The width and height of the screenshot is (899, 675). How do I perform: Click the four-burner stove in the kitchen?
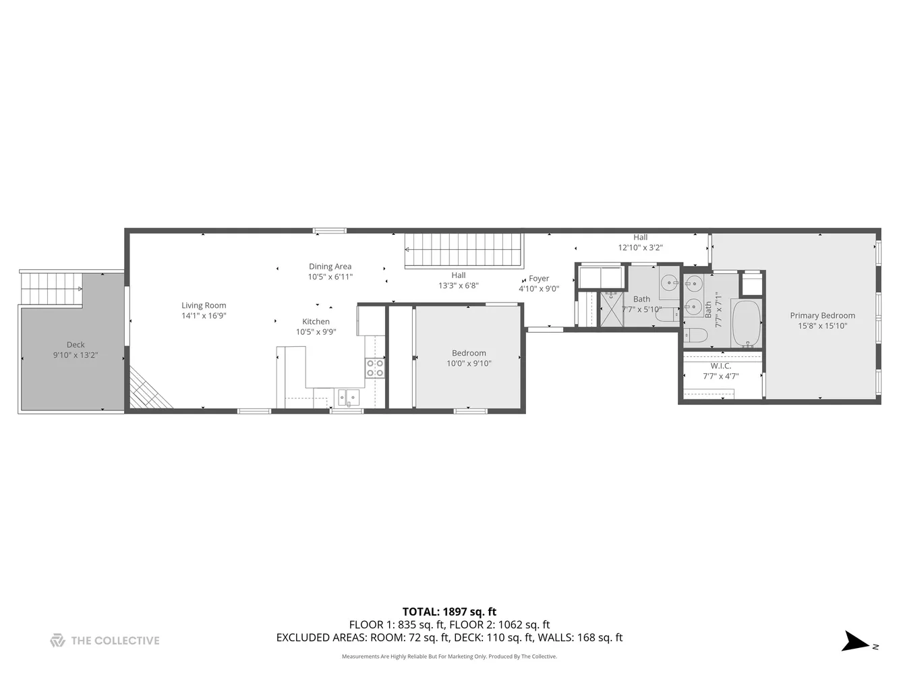click(375, 369)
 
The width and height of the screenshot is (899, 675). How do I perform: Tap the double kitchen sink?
click(349, 398)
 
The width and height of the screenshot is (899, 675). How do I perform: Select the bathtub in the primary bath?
click(746, 324)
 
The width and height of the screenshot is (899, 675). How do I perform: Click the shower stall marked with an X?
click(612, 310)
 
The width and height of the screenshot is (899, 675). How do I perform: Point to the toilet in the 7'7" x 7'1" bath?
click(695, 335)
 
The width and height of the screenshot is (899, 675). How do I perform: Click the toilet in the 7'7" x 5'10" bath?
click(668, 315)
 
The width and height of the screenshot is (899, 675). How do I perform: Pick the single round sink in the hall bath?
click(669, 283)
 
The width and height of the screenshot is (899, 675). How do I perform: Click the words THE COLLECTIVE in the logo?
click(115, 641)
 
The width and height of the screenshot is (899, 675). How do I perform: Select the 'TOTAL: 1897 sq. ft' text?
click(449, 612)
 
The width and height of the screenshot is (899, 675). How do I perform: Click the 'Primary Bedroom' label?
click(822, 315)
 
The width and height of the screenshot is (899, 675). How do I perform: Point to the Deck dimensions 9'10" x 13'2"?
click(76, 355)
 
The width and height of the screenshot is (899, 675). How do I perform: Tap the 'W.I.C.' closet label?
click(720, 366)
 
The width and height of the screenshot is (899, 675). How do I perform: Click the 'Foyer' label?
click(539, 278)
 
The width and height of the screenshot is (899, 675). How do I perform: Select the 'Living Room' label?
click(204, 305)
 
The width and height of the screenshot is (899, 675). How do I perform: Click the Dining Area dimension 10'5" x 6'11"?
click(330, 277)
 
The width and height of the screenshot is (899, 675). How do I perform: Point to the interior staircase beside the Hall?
click(464, 250)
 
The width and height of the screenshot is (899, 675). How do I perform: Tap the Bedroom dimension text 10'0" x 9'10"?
click(469, 363)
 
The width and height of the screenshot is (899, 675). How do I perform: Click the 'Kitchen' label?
click(316, 321)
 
